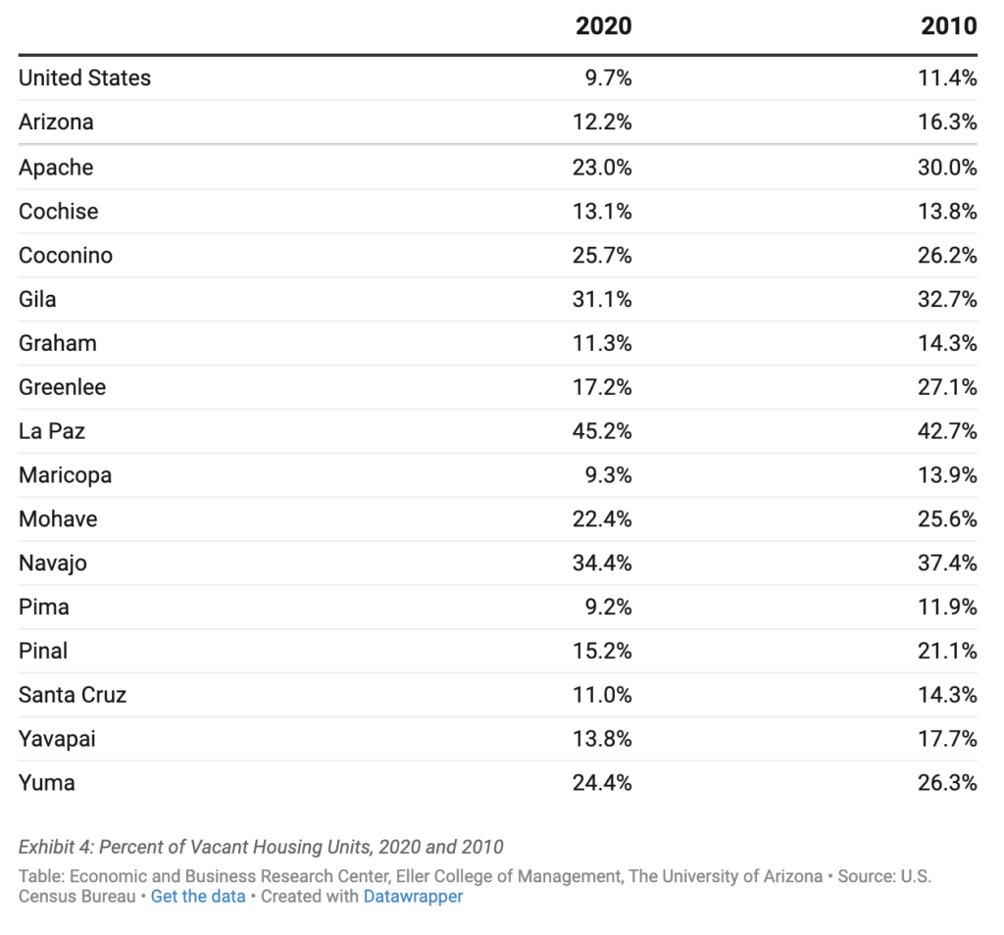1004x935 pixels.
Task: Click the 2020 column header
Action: coord(603,26)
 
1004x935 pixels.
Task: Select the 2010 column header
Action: coord(948,26)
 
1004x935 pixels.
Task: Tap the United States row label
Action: coord(85,78)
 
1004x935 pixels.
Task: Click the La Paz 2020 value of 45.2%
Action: coord(602,431)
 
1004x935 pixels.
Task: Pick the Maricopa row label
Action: coord(66,475)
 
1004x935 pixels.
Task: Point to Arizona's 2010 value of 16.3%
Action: coord(947,123)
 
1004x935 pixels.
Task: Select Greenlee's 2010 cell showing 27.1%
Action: coord(947,387)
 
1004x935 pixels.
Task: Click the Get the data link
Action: coord(198,896)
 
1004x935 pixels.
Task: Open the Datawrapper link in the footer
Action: coord(413,896)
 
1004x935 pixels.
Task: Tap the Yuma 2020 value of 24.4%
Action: coord(602,783)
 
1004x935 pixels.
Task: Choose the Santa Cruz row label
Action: coord(73,695)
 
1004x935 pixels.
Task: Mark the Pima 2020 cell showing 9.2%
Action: coord(608,607)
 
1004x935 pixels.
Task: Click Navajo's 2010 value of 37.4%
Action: coord(947,563)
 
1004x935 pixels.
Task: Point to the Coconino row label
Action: coord(66,256)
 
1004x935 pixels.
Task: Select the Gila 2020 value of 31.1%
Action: coord(602,299)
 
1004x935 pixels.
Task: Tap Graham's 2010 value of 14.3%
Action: coord(947,343)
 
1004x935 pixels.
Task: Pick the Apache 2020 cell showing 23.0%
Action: coord(602,168)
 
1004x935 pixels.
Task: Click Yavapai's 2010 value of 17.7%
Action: coord(947,739)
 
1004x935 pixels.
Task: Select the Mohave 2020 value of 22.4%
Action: coord(602,519)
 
